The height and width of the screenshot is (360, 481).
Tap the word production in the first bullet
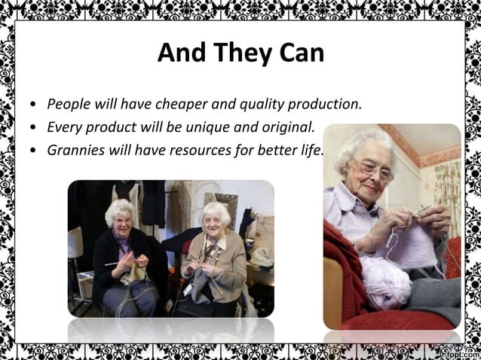(325, 103)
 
